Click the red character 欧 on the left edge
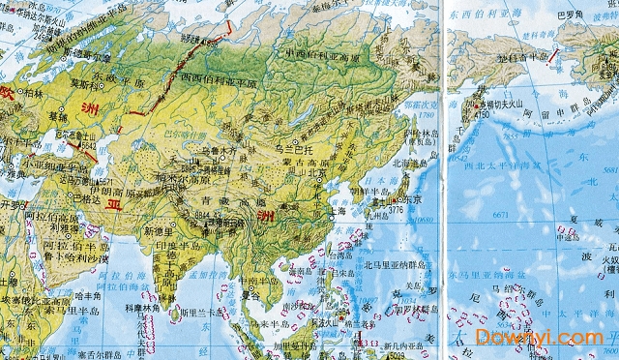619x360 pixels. pos(9,93)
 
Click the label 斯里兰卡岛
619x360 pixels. pos(198,315)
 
